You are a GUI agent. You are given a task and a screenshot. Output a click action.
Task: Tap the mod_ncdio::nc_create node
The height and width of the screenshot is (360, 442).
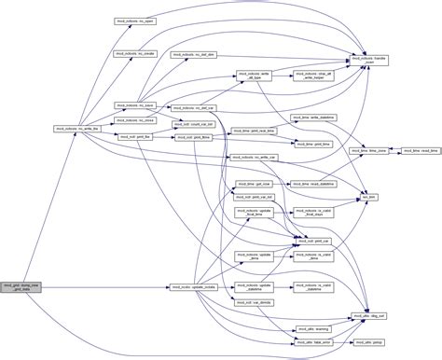[x=136, y=55]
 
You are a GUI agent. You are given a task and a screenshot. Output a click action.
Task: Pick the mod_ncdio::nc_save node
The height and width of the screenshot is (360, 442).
[x=135, y=105]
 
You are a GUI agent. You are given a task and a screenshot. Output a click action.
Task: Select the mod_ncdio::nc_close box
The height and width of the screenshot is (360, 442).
[x=136, y=120]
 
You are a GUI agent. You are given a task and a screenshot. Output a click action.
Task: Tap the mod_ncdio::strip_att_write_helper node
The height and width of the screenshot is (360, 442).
[x=312, y=76]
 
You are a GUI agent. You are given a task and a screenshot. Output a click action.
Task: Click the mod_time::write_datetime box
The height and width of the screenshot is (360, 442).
[x=312, y=117]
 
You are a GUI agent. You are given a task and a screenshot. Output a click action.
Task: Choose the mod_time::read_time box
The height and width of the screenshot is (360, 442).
[x=411, y=149]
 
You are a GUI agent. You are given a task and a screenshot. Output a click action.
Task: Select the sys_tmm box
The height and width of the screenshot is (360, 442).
[x=370, y=198]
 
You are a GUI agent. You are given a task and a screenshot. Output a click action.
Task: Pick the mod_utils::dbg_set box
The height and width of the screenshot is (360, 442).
[x=370, y=316]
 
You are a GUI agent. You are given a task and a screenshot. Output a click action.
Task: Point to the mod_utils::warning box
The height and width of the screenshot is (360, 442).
[x=312, y=327]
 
